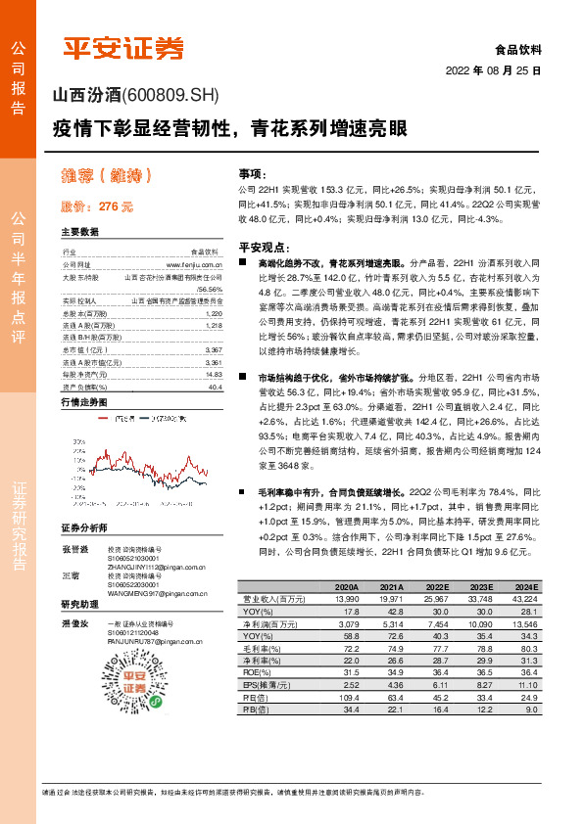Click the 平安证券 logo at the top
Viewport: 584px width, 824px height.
(123, 47)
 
